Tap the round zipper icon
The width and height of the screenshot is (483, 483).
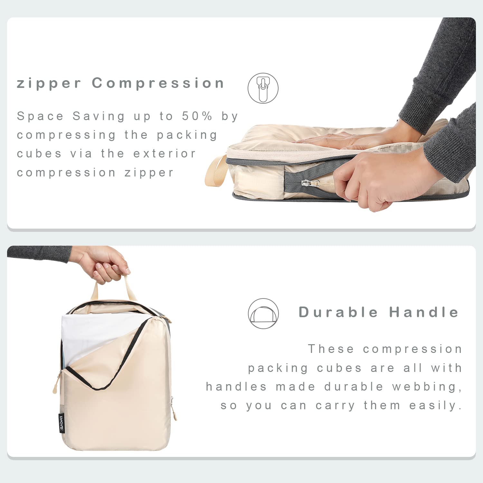click(x=263, y=88)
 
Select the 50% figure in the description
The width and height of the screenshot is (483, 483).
click(x=197, y=116)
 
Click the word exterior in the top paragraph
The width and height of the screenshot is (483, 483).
click(x=165, y=154)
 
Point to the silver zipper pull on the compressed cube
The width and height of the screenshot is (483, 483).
click(x=307, y=183)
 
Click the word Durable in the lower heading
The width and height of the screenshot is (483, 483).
click(x=338, y=312)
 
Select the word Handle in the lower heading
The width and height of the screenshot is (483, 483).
click(x=424, y=312)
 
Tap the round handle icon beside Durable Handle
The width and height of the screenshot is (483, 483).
click(x=263, y=314)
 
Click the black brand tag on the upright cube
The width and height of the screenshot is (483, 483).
click(x=62, y=423)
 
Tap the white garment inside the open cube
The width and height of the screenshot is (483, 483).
click(x=93, y=335)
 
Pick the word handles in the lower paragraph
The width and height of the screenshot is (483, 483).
click(x=236, y=387)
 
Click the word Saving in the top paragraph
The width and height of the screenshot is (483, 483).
click(x=99, y=116)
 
